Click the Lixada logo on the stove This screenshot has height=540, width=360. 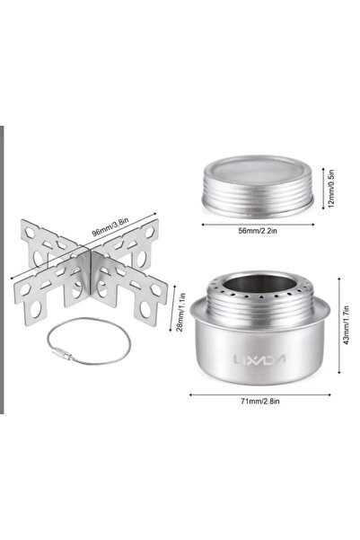click(x=259, y=359)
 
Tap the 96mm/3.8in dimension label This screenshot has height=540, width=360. click(x=110, y=227)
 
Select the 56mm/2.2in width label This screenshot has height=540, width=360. click(x=258, y=231)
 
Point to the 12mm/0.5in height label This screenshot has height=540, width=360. click(x=331, y=188)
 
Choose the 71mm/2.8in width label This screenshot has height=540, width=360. click(x=260, y=402)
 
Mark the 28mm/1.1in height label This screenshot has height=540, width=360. click(x=182, y=312)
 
